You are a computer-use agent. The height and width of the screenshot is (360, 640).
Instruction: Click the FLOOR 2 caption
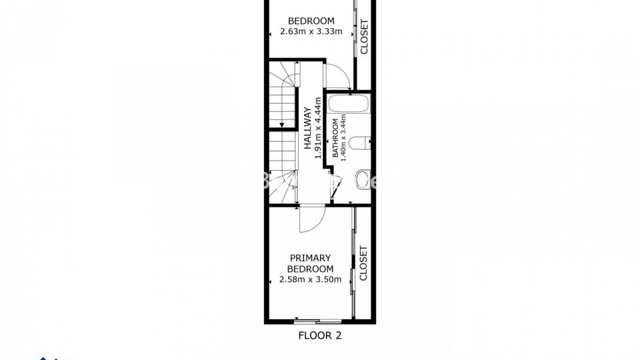[x=320, y=335]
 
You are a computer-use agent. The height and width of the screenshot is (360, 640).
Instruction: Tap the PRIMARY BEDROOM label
[x=310, y=263]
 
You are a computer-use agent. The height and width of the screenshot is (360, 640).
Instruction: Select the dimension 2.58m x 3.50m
[x=310, y=280]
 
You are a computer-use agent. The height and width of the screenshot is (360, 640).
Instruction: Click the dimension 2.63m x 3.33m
[x=311, y=32]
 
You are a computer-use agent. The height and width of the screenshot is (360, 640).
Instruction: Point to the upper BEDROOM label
[x=311, y=21]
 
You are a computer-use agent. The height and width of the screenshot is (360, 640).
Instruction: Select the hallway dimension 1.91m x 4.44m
[x=318, y=128]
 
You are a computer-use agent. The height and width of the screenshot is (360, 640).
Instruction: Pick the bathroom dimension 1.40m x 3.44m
[x=343, y=138]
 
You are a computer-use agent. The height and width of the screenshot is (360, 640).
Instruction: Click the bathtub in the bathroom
[x=349, y=104]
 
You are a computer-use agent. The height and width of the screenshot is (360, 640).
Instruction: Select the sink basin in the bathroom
[x=363, y=179]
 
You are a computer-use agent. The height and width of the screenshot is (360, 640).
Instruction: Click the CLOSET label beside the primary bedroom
[x=363, y=263]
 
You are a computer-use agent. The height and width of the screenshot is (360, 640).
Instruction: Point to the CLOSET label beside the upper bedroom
[x=364, y=37]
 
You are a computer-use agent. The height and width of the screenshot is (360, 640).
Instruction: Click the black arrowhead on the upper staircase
[x=282, y=125]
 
